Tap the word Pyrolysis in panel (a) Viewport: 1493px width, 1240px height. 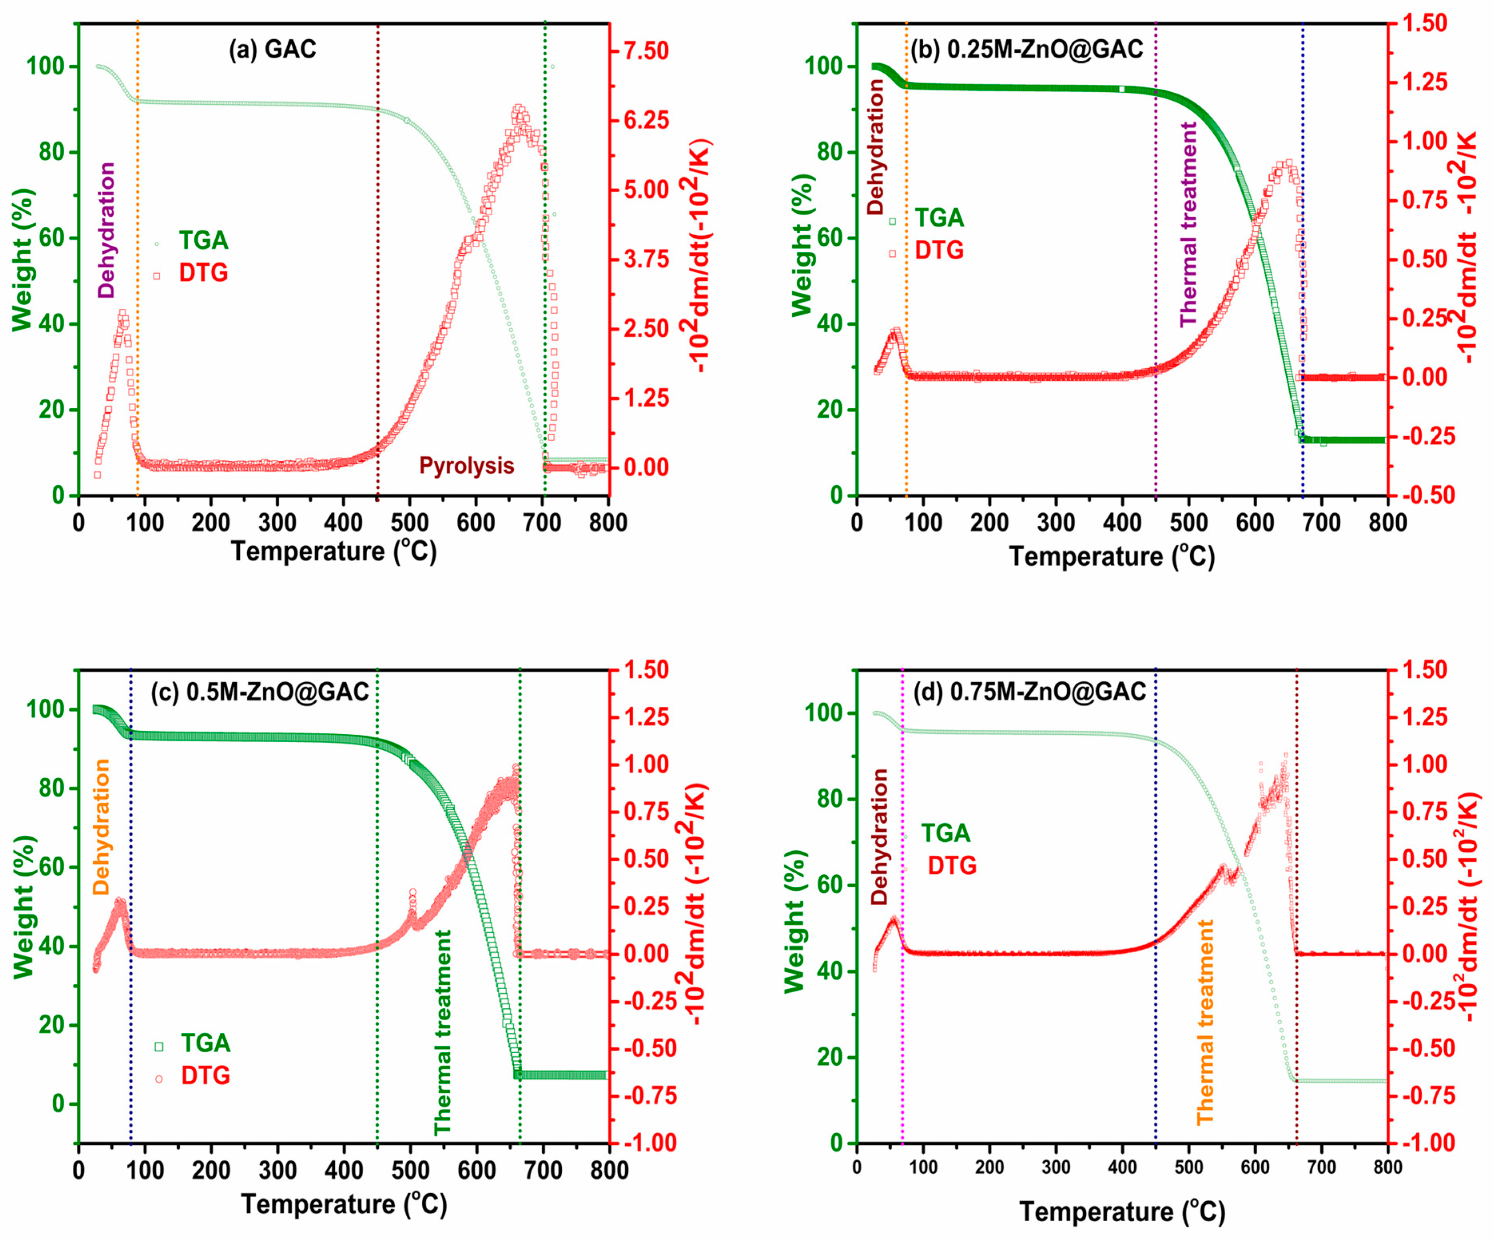(x=466, y=466)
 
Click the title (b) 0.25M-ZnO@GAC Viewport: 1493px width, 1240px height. (x=1027, y=49)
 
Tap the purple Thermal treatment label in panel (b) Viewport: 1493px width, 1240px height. (x=1188, y=224)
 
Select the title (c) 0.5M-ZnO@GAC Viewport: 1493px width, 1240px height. (x=260, y=692)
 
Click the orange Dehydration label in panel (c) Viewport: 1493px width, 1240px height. (x=101, y=827)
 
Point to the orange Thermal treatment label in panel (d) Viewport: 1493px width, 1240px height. (x=1205, y=1022)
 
